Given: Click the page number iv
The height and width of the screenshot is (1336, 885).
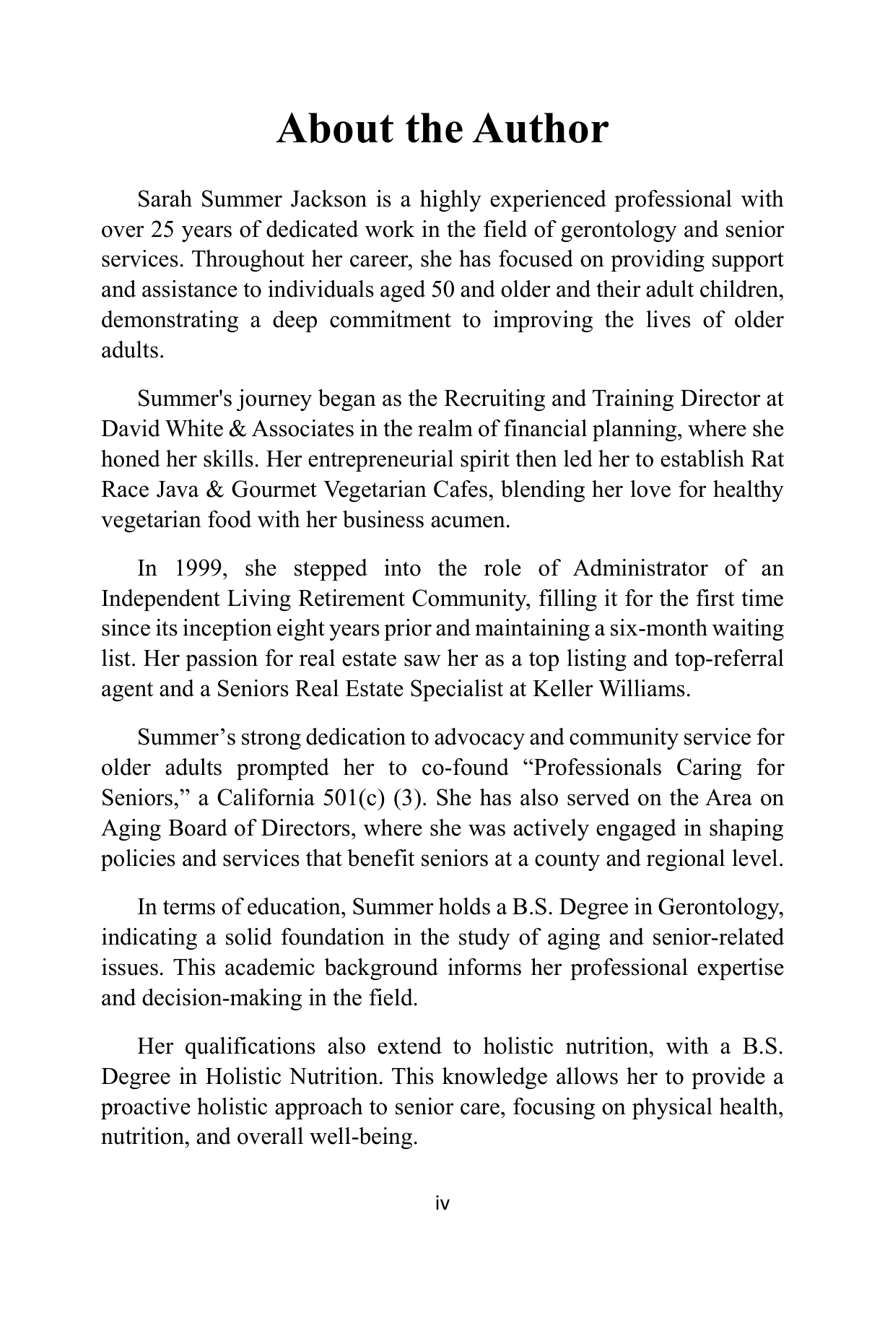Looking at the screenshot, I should tap(442, 1204).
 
